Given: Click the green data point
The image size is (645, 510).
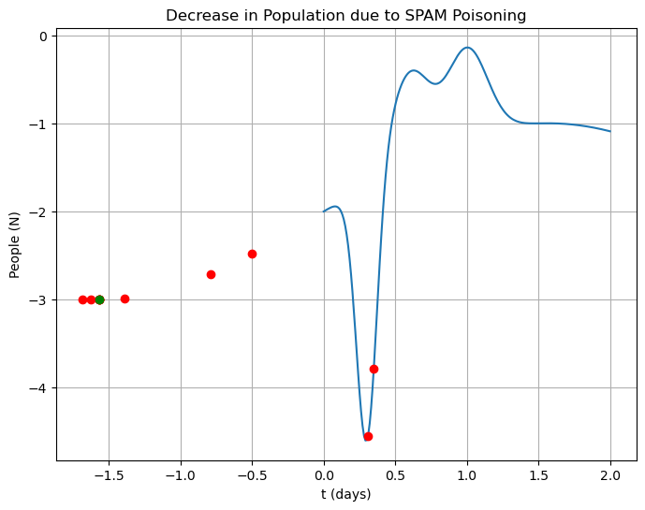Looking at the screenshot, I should [99, 299].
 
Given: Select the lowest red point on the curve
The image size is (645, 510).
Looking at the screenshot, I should [368, 436].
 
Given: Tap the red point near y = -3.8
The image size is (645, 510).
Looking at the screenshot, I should [374, 369].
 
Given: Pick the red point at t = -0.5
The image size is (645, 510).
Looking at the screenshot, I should [252, 254].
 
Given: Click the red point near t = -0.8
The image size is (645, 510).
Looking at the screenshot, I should [211, 274].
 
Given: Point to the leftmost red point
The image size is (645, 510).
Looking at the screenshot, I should [82, 299].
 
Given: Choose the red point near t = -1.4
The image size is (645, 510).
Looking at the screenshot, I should [125, 299].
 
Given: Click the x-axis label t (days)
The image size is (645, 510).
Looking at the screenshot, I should [345, 494].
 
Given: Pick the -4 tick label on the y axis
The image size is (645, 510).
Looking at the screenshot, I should [40, 387].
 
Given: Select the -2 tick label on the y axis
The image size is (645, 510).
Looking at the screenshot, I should [40, 211].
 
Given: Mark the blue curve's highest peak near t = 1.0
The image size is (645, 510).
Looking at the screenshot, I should [467, 47].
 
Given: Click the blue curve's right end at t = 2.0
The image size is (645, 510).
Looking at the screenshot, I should [610, 131].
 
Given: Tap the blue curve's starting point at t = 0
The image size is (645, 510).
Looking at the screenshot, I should [324, 211].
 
